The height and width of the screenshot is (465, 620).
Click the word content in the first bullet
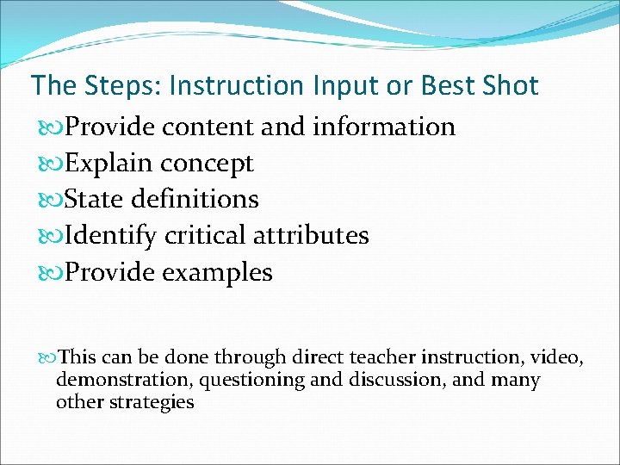(208, 127)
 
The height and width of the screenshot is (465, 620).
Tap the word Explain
(109, 163)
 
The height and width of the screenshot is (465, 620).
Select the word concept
(207, 164)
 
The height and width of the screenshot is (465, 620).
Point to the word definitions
(195, 199)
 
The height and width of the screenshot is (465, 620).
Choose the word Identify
(111, 236)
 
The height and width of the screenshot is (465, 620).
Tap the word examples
(217, 273)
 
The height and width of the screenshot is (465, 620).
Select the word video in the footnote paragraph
(556, 357)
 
